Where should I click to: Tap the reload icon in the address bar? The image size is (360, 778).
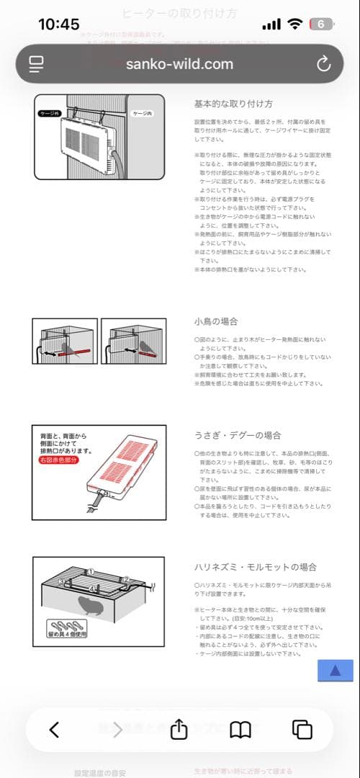323,63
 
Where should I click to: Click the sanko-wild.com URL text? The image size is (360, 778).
179,63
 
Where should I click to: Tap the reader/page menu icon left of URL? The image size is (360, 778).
37,63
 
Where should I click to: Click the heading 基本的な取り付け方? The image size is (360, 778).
233,104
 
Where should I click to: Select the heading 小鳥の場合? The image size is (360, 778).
215,321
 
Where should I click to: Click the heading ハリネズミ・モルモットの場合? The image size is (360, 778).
255,567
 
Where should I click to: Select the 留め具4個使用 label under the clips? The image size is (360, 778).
68,635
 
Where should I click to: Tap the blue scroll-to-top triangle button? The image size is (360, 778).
336,671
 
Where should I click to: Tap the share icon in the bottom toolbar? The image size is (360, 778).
179,729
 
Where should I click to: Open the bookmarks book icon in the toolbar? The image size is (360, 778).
240,729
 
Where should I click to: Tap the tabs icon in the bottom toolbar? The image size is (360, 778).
302,729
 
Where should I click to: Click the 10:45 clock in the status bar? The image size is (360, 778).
58,24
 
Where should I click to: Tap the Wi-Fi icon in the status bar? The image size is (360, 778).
294,24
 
